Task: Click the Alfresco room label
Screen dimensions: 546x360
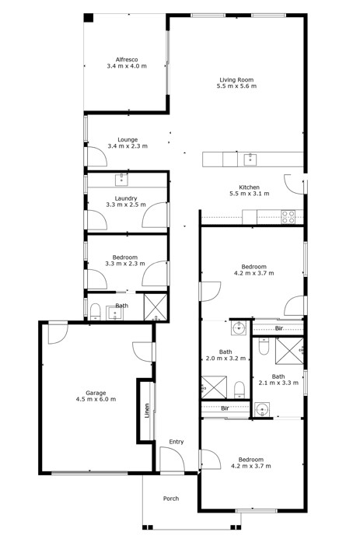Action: click(x=126, y=59)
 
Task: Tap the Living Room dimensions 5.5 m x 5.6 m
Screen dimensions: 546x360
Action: click(x=236, y=86)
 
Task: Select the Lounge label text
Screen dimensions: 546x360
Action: click(x=127, y=140)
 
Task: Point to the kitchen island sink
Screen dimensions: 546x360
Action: click(x=250, y=159)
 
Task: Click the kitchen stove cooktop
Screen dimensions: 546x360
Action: click(x=288, y=217)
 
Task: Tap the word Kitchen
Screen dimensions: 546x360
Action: click(x=249, y=187)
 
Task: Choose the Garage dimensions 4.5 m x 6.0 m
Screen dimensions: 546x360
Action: click(x=95, y=399)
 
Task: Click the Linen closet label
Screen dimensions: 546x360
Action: click(x=146, y=411)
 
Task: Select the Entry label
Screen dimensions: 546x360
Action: click(x=177, y=442)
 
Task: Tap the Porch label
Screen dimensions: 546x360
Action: click(x=170, y=499)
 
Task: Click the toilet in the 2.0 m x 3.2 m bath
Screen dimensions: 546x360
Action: click(x=239, y=389)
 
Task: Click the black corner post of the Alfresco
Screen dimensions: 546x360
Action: click(x=89, y=18)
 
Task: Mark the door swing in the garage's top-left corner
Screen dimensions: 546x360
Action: click(x=57, y=333)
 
